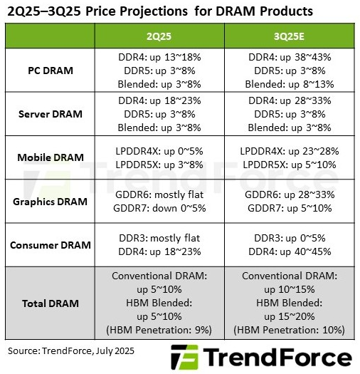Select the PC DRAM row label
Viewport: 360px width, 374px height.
click(48, 71)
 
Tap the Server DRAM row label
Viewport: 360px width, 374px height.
click(48, 115)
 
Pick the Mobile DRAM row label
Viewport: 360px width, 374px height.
click(48, 157)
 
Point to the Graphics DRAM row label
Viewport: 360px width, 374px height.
click(48, 201)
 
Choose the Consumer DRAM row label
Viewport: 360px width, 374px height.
click(48, 244)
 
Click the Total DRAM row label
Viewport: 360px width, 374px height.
click(48, 303)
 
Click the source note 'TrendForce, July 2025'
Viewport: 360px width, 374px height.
click(71, 350)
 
